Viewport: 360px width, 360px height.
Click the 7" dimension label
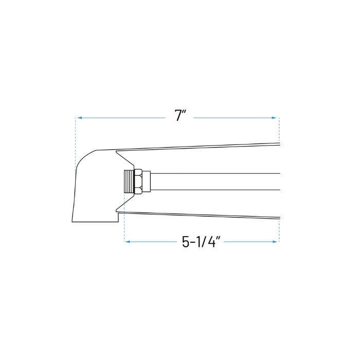pyautogui.click(x=179, y=116)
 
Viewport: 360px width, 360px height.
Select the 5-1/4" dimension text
pyautogui.click(x=201, y=242)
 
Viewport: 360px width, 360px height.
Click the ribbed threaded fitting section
pyautogui.click(x=129, y=181)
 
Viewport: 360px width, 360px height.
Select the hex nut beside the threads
pyautogui.click(x=138, y=181)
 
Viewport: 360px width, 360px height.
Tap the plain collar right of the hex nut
pyautogui.click(x=146, y=181)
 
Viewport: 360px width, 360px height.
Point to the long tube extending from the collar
pyautogui.click(x=216, y=182)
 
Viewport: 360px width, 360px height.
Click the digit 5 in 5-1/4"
pyautogui.click(x=186, y=242)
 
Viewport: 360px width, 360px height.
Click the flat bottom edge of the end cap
pyautogui.click(x=95, y=222)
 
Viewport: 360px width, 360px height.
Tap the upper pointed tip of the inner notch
pyautogui.click(x=117, y=151)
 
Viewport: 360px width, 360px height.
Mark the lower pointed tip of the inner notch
pyautogui.click(x=117, y=210)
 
